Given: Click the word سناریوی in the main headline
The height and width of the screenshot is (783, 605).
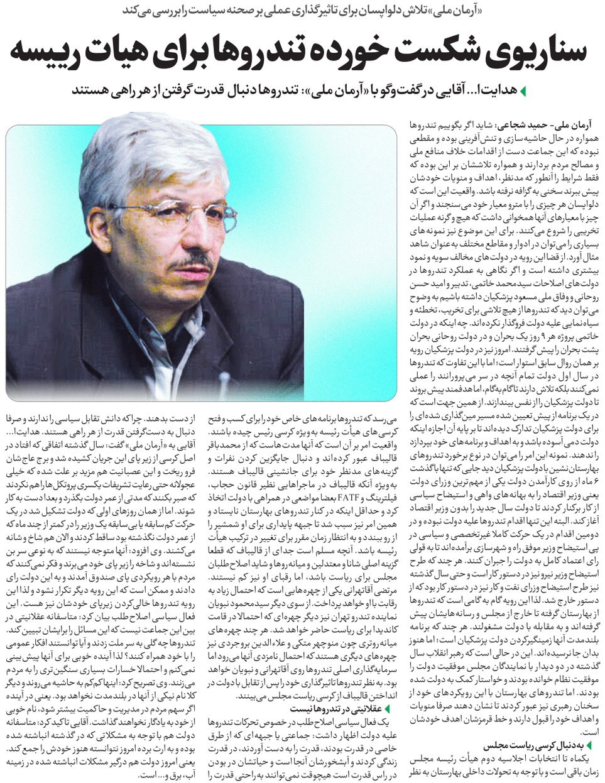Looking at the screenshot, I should tap(534, 51).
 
